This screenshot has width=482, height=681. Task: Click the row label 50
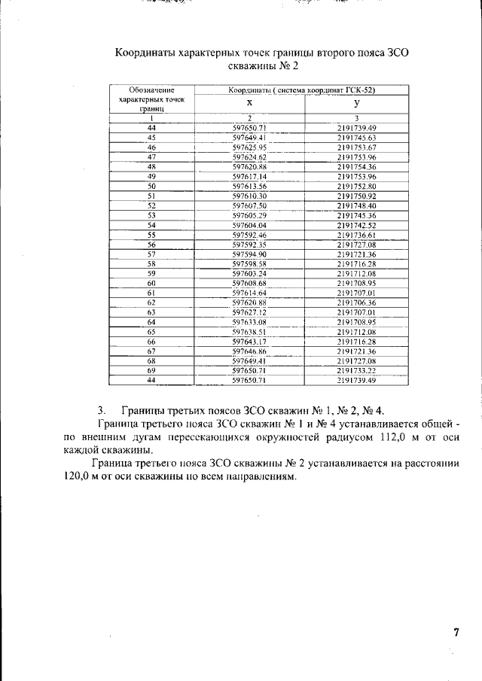(151, 186)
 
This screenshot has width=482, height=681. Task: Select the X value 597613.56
(250, 186)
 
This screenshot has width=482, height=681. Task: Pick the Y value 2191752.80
(356, 186)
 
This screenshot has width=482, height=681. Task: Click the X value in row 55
(250, 235)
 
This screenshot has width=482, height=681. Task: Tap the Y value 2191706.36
(356, 302)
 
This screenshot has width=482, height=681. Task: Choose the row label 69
(151, 371)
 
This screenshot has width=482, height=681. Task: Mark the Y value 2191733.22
(356, 371)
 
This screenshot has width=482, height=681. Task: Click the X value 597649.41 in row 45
(250, 138)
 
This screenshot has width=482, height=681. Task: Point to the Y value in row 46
(356, 147)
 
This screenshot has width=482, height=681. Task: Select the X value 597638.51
(250, 332)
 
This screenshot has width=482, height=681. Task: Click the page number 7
(456, 632)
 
